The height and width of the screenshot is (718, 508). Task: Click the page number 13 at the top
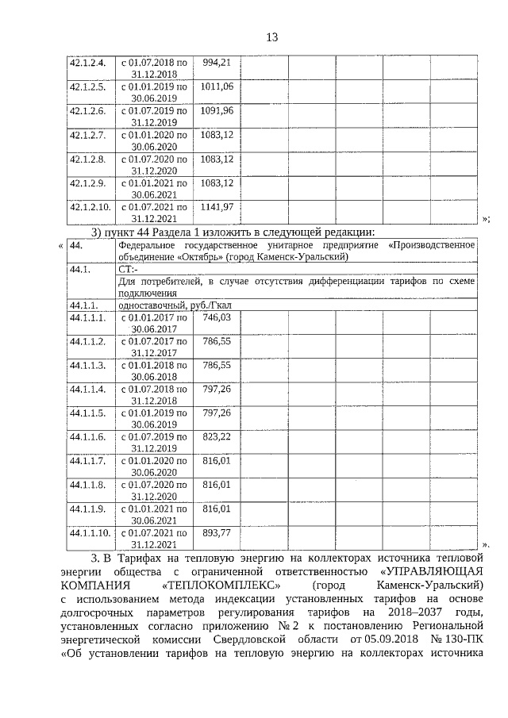coord(271,37)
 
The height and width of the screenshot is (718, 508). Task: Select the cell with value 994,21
coord(217,62)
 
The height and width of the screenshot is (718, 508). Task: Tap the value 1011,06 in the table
coord(217,86)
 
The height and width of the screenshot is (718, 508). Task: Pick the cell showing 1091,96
coord(217,110)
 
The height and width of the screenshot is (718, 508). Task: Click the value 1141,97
coord(217,207)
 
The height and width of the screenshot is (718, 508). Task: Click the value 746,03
coord(217,317)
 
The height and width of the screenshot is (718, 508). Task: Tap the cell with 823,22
coord(217,437)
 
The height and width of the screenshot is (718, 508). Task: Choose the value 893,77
coord(217,533)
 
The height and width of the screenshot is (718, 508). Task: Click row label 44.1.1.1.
coord(87,317)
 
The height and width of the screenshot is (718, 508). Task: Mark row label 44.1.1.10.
coord(90,533)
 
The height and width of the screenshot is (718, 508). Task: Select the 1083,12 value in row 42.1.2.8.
coord(217,159)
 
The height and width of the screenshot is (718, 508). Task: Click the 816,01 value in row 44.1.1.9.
coord(217,509)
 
